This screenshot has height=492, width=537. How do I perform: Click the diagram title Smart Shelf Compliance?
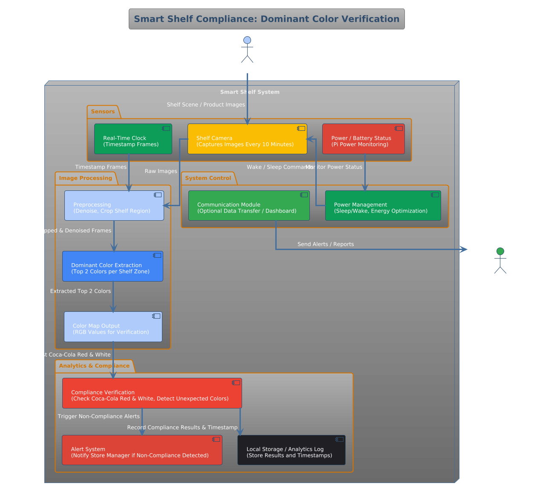click(266, 19)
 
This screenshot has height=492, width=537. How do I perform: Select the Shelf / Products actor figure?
click(247, 50)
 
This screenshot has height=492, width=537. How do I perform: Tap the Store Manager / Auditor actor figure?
click(500, 261)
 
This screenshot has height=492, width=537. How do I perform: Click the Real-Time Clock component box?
click(133, 139)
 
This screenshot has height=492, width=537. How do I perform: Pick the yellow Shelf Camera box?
click(247, 139)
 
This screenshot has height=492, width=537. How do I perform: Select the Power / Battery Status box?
click(363, 139)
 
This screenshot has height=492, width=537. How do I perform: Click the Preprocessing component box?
click(114, 205)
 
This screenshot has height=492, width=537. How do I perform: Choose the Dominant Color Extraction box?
click(113, 266)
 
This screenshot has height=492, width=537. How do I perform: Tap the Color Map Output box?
click(113, 327)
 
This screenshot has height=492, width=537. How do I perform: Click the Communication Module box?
click(249, 205)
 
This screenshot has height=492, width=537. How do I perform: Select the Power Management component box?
click(383, 205)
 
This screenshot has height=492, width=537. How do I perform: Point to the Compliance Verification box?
click(152, 393)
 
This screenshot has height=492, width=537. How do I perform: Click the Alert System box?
click(142, 450)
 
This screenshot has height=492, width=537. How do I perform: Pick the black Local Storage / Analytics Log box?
click(292, 450)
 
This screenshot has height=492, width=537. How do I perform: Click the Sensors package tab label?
click(103, 112)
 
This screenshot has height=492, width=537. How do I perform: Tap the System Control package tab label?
click(208, 178)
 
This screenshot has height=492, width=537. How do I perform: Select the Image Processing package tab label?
click(85, 178)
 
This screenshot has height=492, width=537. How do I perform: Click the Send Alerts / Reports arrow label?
click(326, 244)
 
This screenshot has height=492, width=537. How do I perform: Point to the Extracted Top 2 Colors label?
click(81, 291)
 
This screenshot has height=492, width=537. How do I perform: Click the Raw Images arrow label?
click(161, 171)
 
